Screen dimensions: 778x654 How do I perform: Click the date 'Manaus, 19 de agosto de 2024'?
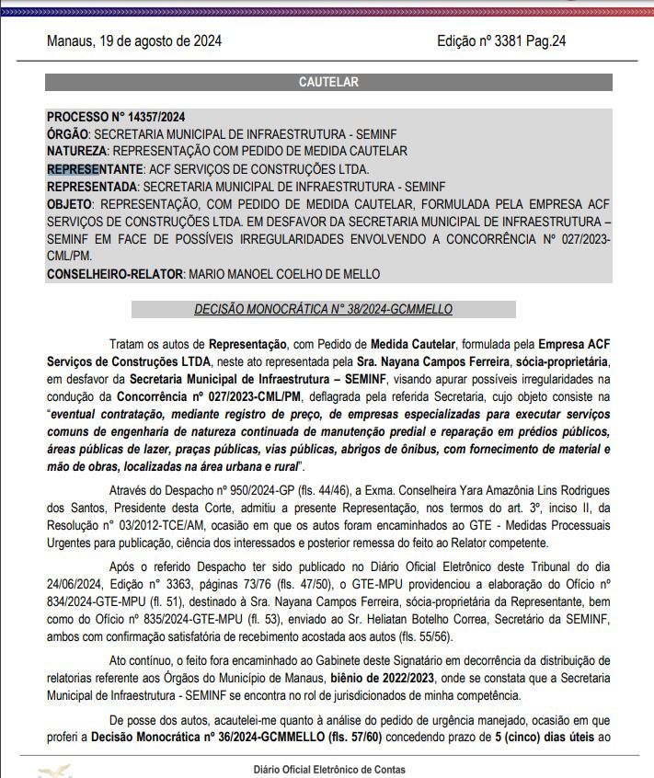(x=133, y=41)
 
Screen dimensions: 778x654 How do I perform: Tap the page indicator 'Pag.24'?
(x=545, y=41)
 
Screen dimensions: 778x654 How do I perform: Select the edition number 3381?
(x=505, y=41)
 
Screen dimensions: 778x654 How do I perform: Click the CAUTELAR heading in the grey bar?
(x=328, y=83)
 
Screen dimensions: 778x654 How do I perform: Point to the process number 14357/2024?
(x=148, y=117)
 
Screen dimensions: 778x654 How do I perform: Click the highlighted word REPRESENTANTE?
(x=95, y=169)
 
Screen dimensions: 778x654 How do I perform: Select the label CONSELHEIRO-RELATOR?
(x=114, y=274)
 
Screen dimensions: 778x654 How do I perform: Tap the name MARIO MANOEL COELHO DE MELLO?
(x=284, y=274)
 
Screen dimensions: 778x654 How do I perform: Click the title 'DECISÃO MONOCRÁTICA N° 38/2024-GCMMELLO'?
(x=323, y=310)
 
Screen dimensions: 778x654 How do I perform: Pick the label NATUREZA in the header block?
(x=76, y=151)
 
